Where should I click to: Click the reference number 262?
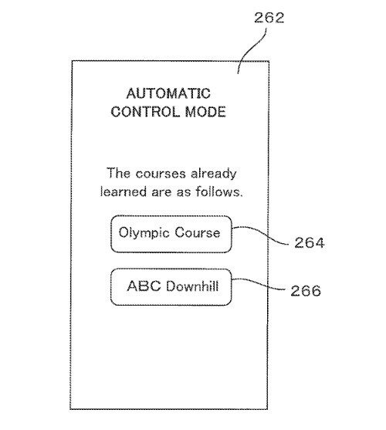[269, 18]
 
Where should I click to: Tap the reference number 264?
[310, 242]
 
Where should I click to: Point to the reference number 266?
[306, 291]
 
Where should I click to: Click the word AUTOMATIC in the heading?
[168, 93]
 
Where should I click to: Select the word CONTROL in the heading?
[146, 112]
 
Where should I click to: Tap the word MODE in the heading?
[205, 112]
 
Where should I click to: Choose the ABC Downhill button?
[171, 287]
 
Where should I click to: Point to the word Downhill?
[192, 286]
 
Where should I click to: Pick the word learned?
[124, 191]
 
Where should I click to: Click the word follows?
[219, 191]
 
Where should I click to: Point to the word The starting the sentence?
[118, 173]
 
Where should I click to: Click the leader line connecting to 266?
[259, 283]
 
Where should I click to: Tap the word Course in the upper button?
[198, 232]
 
